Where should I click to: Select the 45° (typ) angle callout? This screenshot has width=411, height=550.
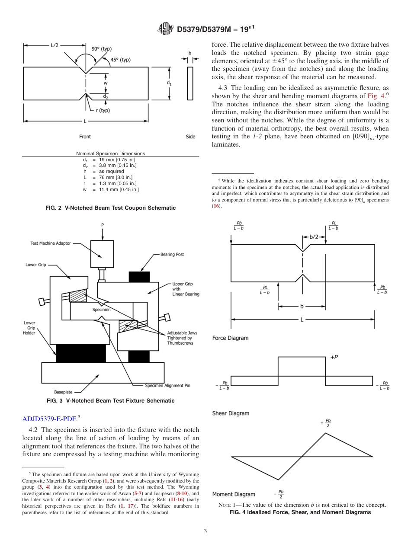tap(121, 60)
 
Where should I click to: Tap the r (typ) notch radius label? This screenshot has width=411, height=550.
tap(103, 110)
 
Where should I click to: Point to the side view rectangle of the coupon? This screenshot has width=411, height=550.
tap(190, 83)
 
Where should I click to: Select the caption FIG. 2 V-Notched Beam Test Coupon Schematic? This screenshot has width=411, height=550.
tap(110, 208)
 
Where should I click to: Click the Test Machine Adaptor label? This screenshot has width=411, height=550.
tap(51, 243)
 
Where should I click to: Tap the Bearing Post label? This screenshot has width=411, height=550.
tap(172, 254)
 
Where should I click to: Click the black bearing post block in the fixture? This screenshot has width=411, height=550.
tap(139, 276)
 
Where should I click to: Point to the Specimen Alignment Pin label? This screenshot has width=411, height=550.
tap(167, 385)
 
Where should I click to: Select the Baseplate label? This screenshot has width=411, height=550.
tap(63, 392)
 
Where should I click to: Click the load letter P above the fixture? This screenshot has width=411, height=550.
tap(103, 225)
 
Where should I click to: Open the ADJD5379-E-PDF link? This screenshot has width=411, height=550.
tap(49, 419)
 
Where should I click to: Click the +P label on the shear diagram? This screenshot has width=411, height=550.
tap(334, 357)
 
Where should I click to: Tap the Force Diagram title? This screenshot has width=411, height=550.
tap(230, 338)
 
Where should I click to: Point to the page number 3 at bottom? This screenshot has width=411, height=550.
tap(205, 531)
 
